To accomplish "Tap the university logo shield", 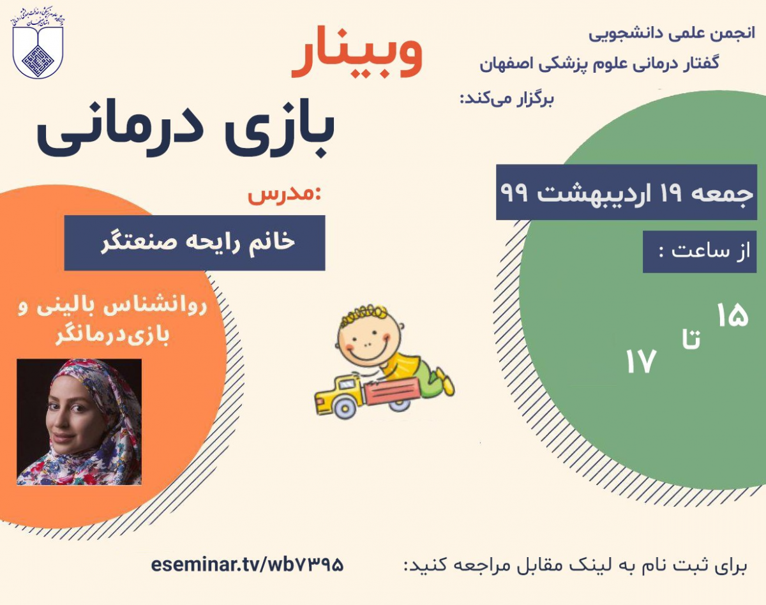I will pos(38,48).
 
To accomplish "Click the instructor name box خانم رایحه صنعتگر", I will pos(195,243).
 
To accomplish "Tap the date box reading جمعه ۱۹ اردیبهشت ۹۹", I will pos(626,192).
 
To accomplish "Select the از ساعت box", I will pos(700,251).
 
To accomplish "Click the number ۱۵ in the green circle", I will pos(732,316).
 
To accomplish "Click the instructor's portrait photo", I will pos(79,422).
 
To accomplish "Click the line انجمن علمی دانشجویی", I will pos(671,33).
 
